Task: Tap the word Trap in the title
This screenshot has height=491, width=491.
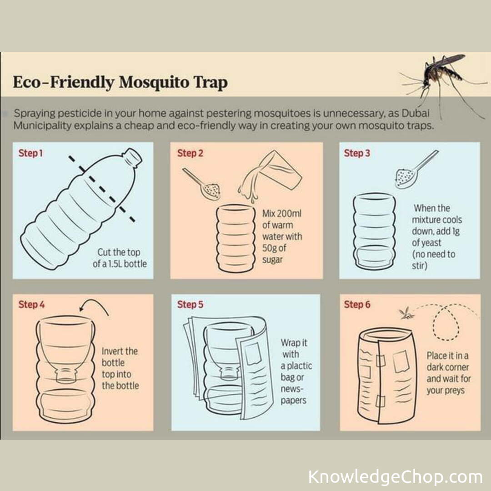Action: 210,83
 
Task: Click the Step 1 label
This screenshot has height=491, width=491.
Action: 31,153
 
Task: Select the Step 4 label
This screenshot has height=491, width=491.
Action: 31,304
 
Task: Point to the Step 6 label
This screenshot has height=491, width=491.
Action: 357,304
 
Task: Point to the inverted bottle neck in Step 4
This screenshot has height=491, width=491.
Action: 66,375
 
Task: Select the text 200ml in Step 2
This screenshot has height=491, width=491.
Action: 289,214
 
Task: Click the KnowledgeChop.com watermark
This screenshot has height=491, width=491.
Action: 395,477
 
